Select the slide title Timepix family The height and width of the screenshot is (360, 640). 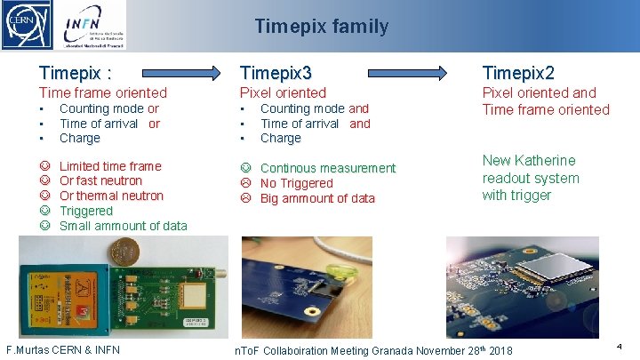pos(321,27)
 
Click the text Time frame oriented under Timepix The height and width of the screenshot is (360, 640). pos(102,92)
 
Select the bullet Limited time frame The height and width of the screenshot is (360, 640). pos(110,166)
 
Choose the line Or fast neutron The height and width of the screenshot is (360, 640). pos(100,181)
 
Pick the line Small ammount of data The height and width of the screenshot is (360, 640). pos(123,226)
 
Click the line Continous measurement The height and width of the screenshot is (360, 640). pos(327,168)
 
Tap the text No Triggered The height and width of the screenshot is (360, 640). pos(296,183)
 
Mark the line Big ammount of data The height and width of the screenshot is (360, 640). pos(317,198)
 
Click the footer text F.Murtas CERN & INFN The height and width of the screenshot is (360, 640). pos(63,349)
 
